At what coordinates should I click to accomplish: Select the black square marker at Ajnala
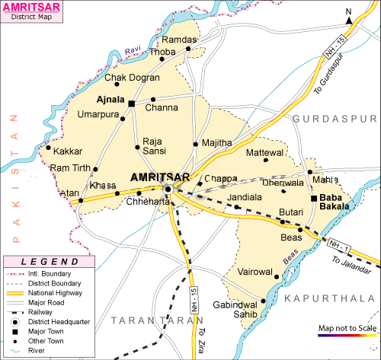click(131, 103)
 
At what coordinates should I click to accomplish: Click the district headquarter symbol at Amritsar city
click(168, 190)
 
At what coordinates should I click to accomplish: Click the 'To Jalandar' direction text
click(353, 263)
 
